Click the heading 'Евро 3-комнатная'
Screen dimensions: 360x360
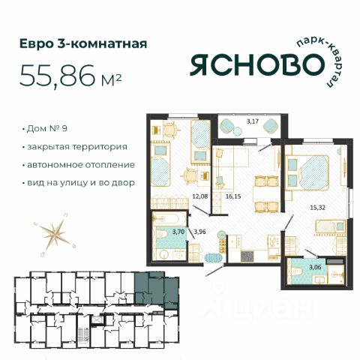(x=83, y=43)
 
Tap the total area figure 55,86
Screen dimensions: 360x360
(x=58, y=75)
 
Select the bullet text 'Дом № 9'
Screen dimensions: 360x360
(x=47, y=128)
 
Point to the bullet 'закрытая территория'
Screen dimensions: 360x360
(x=77, y=147)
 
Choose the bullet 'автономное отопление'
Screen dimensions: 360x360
(x=81, y=165)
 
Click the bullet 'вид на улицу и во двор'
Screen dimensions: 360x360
(x=81, y=183)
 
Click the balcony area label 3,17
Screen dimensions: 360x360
(x=253, y=121)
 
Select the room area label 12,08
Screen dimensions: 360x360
(x=199, y=196)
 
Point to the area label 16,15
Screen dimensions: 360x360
(x=233, y=196)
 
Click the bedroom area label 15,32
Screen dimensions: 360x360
(x=318, y=207)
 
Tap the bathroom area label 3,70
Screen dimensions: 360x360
(x=178, y=232)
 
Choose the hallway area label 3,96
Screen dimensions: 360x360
(x=200, y=232)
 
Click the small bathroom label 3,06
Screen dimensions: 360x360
(x=315, y=267)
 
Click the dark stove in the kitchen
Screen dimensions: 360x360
(x=247, y=256)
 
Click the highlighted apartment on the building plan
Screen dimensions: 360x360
(x=156, y=290)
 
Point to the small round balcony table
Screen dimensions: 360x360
(x=238, y=130)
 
